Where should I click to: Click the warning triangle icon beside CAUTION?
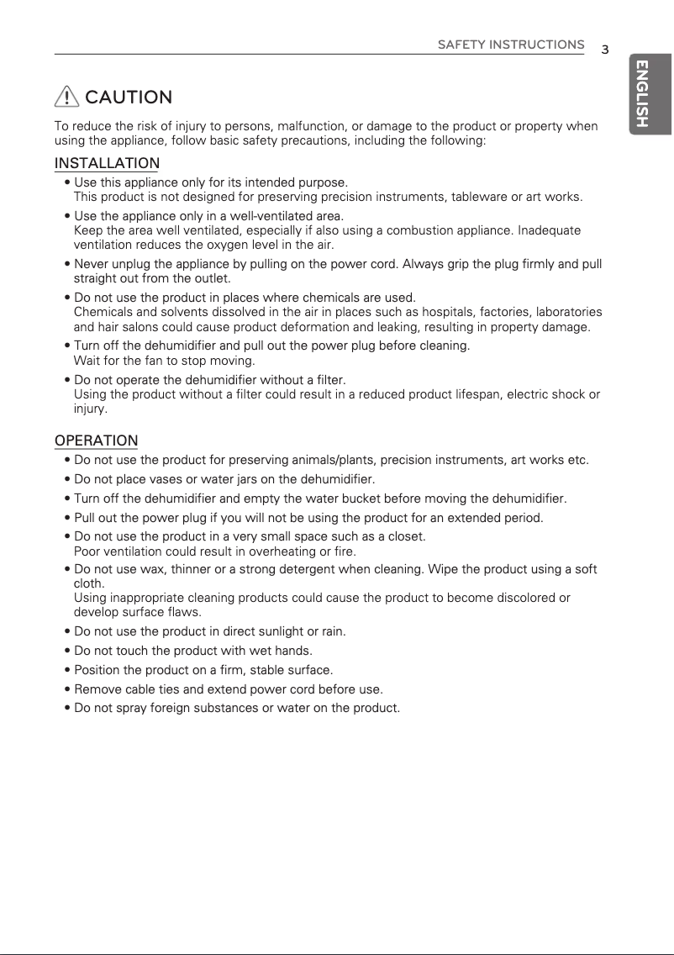pyautogui.click(x=67, y=98)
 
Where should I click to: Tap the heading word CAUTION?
pyautogui.click(x=129, y=98)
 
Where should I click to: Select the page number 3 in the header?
pyautogui.click(x=604, y=49)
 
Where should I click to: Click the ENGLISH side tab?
pyautogui.click(x=643, y=93)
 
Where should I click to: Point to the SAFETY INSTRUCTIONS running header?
pyautogui.click(x=511, y=44)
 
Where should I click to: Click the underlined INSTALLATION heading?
pyautogui.click(x=107, y=162)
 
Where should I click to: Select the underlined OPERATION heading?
pyautogui.click(x=97, y=441)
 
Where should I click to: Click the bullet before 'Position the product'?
pyautogui.click(x=67, y=670)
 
